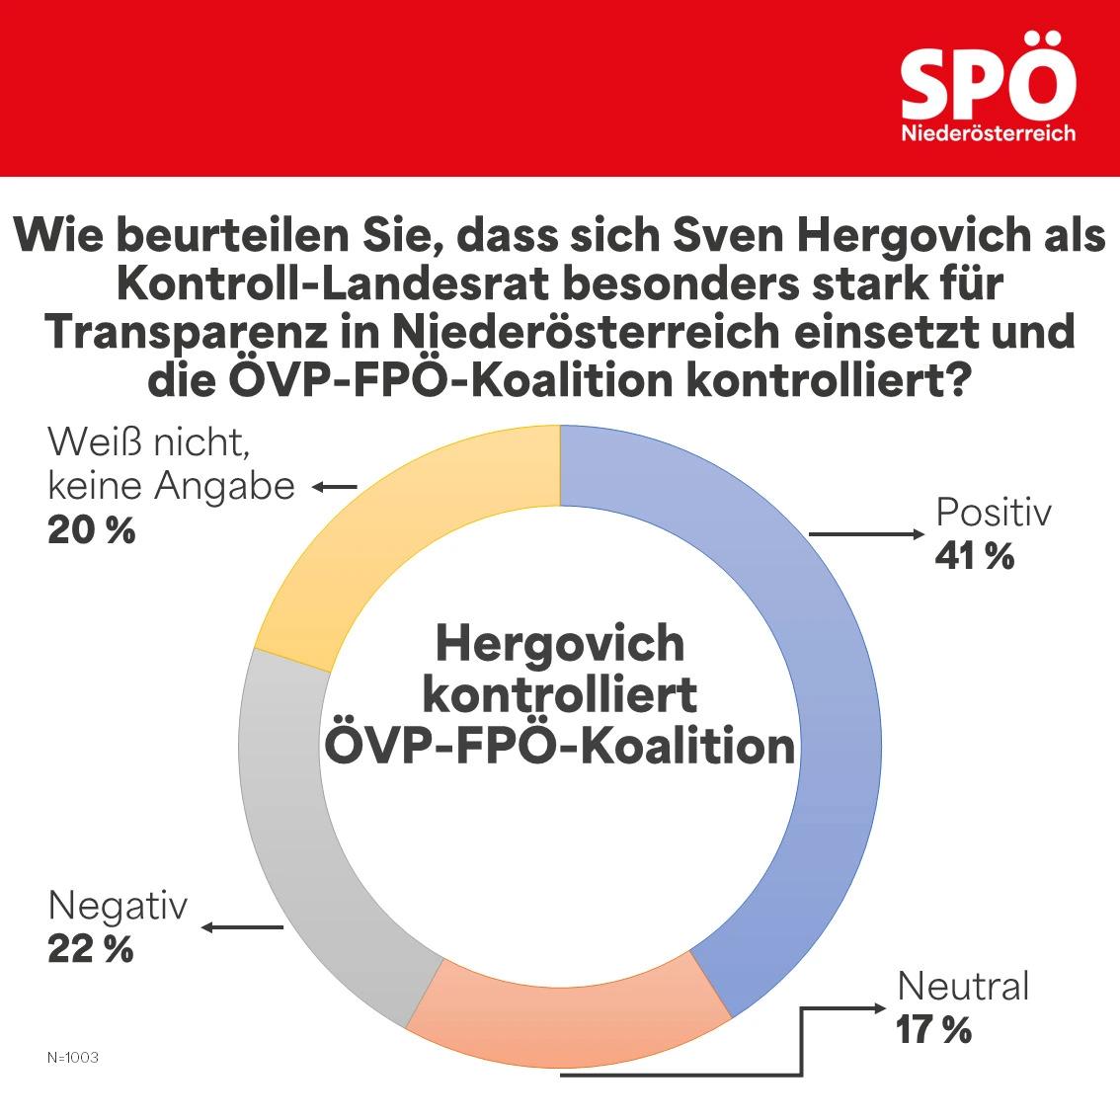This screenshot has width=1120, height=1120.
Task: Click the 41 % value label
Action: click(975, 556)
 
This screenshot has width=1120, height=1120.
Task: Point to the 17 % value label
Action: click(933, 1030)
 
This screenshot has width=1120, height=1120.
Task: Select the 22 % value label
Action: click(91, 949)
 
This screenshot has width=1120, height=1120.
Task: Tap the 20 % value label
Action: click(92, 530)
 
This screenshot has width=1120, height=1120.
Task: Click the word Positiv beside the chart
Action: click(994, 513)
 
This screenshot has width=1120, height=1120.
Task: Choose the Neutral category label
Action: click(963, 986)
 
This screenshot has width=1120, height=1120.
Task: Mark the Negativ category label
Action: click(118, 906)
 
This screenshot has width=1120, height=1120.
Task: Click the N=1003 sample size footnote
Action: click(73, 1058)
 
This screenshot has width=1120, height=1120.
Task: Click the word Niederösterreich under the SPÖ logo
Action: click(988, 133)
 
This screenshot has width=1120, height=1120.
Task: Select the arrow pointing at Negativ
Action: click(242, 927)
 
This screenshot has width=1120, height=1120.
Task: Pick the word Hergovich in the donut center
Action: click(560, 644)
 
